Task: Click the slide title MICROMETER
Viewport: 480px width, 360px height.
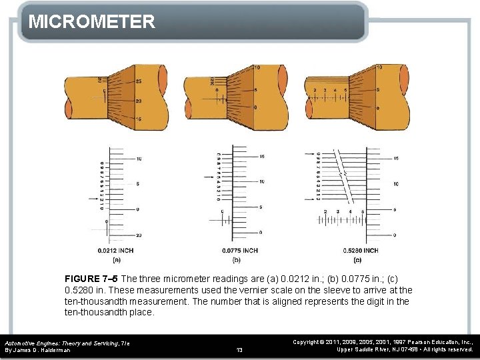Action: pyautogui.click(x=92, y=21)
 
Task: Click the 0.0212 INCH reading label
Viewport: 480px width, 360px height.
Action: pyautogui.click(x=115, y=251)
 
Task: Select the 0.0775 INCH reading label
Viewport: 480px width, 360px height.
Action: pyautogui.click(x=240, y=251)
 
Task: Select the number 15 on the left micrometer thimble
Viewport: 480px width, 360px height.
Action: pyautogui.click(x=137, y=119)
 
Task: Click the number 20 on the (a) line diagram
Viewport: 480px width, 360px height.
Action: pyautogui.click(x=139, y=235)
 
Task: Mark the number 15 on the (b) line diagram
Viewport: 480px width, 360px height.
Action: pyautogui.click(x=262, y=157)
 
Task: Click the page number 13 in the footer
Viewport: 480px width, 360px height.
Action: pyautogui.click(x=239, y=349)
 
